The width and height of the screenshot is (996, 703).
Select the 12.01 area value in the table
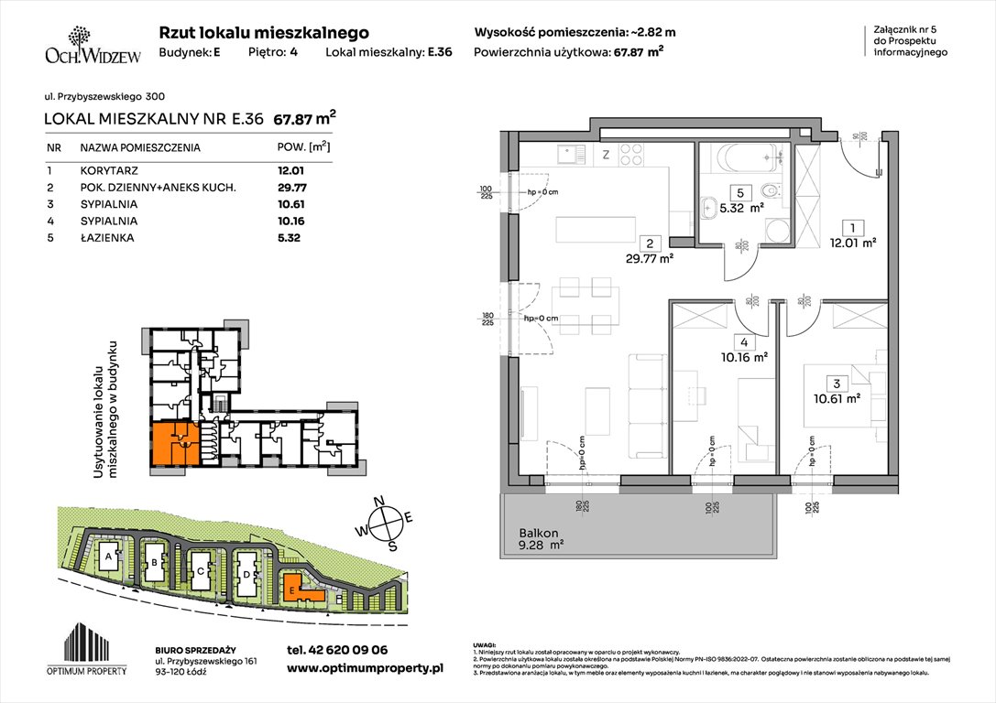coord(290,170)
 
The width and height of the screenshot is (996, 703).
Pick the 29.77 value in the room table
coord(290,187)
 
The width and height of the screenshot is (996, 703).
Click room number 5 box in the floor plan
coord(739,193)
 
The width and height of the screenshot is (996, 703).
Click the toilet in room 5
coord(772,191)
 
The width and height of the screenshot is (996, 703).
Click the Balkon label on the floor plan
coord(538,533)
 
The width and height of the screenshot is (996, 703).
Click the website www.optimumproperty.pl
coord(365,669)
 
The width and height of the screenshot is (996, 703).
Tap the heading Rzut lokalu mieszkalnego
coord(264,32)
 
